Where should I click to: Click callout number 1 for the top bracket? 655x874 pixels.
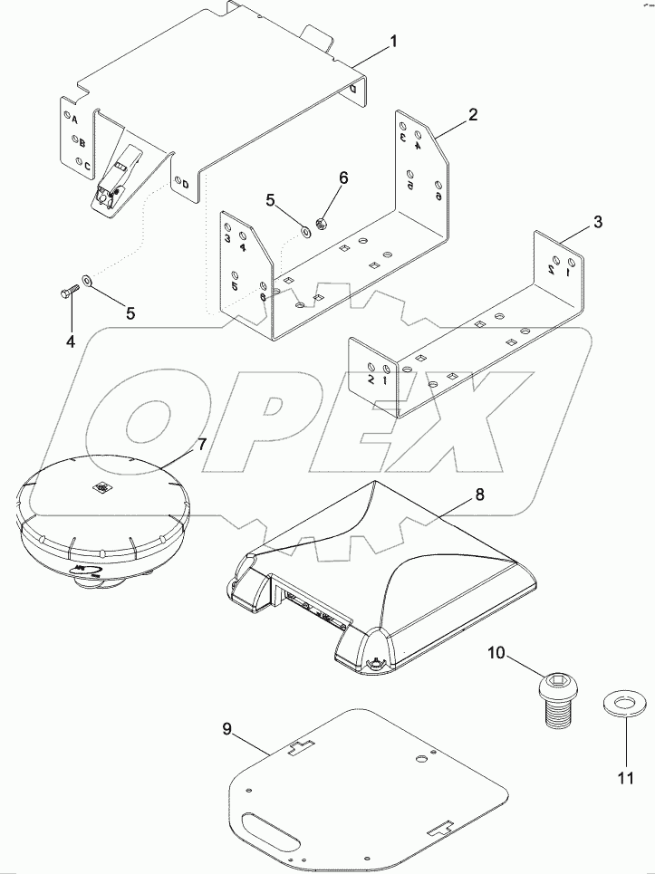click(393, 42)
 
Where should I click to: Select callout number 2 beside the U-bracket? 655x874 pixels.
click(472, 115)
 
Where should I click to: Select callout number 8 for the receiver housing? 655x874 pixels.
click(479, 495)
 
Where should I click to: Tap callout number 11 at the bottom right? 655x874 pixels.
click(624, 777)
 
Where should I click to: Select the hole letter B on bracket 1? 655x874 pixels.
click(82, 142)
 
